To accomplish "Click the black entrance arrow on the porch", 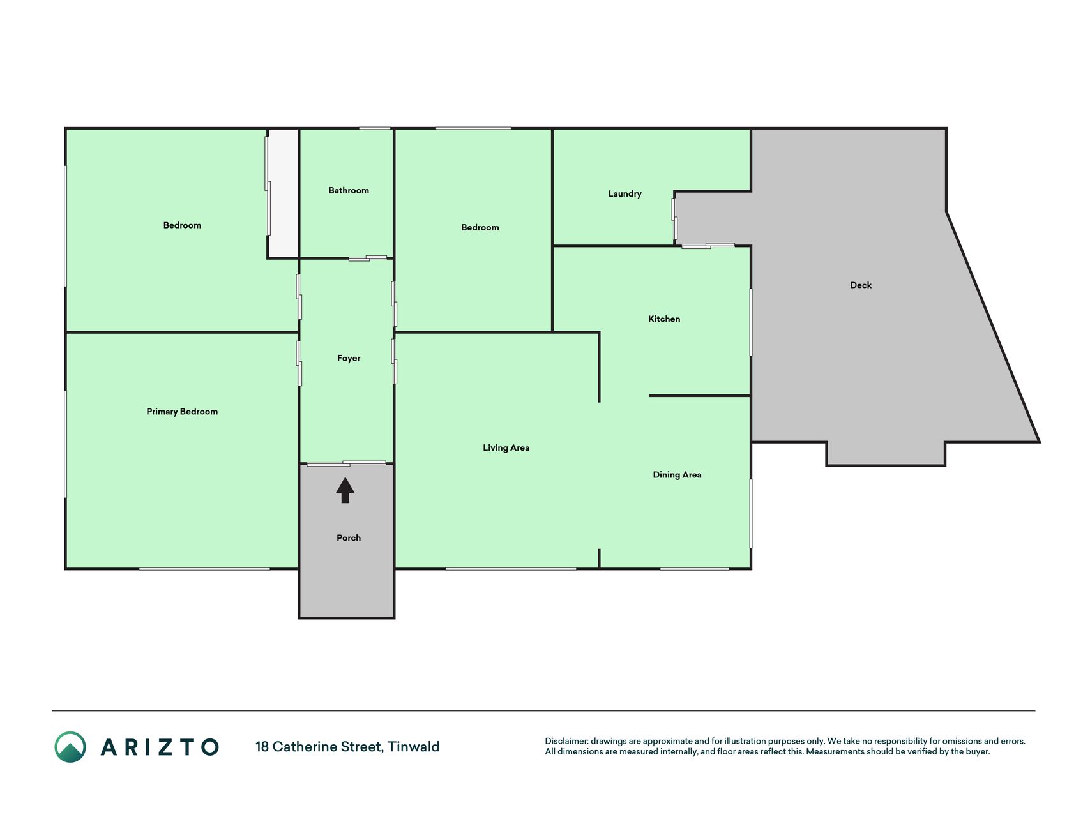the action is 345,490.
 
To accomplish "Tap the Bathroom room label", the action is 349,190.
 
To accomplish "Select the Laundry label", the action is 624,194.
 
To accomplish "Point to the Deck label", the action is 861,285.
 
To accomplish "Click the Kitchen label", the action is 664,319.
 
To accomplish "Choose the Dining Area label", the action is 677,475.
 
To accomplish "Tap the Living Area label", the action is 506,448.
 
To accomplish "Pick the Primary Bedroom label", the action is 182,412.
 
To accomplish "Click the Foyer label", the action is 349,359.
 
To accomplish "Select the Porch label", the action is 349,538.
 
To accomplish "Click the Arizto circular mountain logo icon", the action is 70,747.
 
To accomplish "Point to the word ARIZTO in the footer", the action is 160,747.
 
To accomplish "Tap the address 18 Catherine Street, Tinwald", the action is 347,747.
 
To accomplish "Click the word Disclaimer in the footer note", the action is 566,741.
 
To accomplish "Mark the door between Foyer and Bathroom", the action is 368,258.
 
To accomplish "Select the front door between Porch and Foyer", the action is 346,463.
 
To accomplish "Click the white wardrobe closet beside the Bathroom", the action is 283,193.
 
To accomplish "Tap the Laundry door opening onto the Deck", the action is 674,219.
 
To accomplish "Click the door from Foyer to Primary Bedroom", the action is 299,363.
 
